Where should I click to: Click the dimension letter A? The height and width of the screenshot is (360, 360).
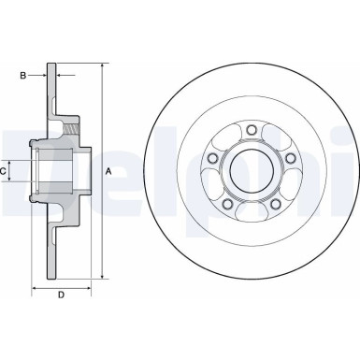(x=109, y=172)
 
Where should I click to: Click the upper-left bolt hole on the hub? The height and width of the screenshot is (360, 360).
(x=213, y=159)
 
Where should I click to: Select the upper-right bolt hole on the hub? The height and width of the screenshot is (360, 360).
(x=291, y=159)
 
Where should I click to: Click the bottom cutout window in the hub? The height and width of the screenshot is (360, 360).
(x=252, y=213)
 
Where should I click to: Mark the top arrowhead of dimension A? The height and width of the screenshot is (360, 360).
(x=101, y=66)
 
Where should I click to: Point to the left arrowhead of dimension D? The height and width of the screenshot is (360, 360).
(x=35, y=287)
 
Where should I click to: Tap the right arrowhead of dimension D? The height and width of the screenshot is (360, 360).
(x=89, y=287)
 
